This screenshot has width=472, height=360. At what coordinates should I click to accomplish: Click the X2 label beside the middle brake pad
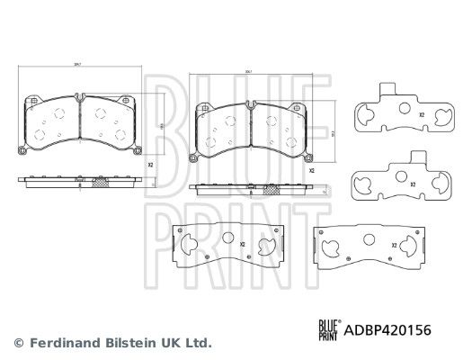click(311, 170)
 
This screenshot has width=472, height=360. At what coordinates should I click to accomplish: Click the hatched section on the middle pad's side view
click(270, 190)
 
